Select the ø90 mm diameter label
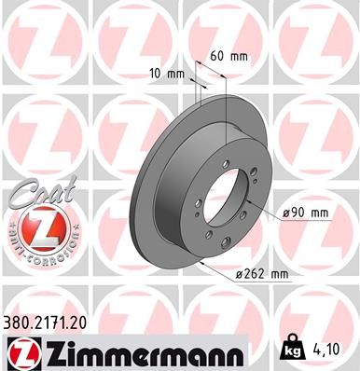[308, 213]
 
